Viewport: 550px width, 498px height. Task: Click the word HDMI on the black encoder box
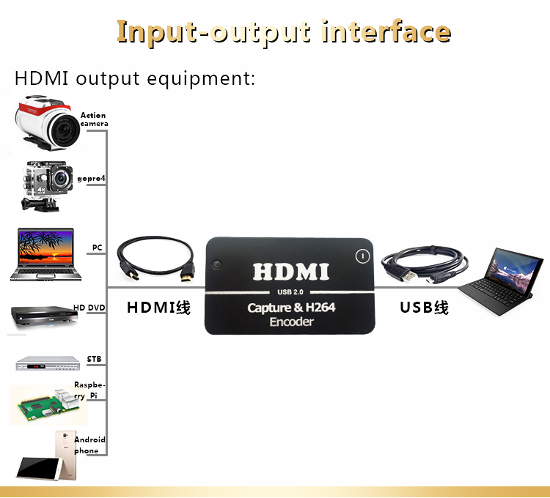click(291, 272)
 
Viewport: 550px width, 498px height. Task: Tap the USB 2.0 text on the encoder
click(291, 294)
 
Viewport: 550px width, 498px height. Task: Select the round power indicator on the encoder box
click(360, 256)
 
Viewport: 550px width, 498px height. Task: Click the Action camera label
click(94, 119)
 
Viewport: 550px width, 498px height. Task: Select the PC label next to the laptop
click(97, 248)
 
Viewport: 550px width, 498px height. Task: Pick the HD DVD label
click(89, 308)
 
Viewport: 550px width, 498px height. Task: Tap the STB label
click(94, 359)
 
